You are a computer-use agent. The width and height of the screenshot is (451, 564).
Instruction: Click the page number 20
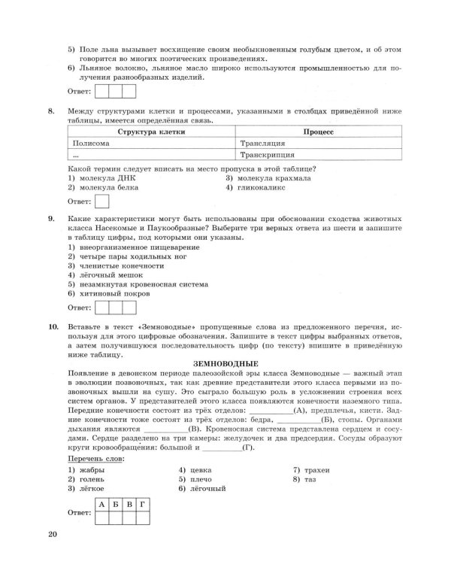(51, 535)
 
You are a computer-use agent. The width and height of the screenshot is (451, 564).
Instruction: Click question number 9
(51, 218)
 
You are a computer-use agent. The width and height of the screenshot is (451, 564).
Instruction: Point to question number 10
(53, 329)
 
